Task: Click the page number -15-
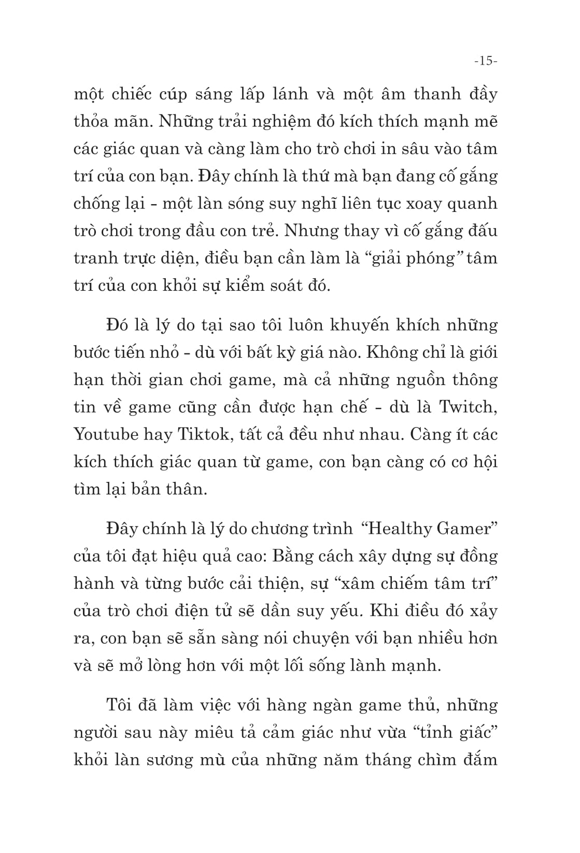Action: (x=485, y=61)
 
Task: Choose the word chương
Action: (x=282, y=529)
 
